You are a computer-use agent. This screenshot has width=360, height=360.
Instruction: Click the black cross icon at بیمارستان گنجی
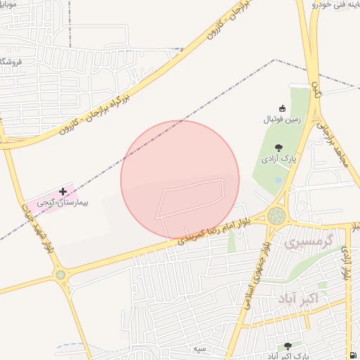(x=63, y=191)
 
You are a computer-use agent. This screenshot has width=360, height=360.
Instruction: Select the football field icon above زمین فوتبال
(x=283, y=108)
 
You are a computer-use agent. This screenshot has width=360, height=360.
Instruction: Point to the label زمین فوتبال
(x=282, y=120)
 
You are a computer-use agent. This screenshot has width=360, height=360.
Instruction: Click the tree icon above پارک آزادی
(x=279, y=148)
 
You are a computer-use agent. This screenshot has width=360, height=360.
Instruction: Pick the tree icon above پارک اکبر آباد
(x=288, y=346)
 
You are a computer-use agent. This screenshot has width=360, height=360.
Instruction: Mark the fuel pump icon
(x=352, y=354)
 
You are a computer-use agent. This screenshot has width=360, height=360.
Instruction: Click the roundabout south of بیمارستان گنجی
(x=60, y=275)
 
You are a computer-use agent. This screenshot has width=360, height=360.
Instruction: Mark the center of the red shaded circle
(x=180, y=179)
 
